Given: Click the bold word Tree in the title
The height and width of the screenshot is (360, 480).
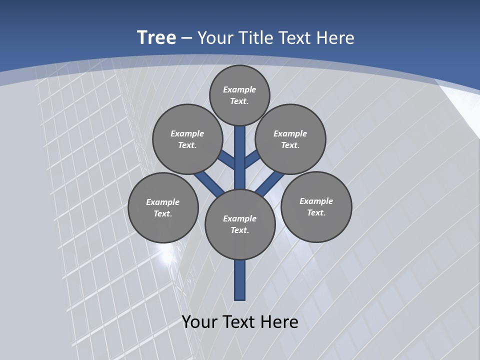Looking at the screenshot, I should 156,38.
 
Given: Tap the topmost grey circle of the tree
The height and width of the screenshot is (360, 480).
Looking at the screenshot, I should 239,95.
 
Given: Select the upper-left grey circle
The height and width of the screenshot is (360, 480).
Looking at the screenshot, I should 187,139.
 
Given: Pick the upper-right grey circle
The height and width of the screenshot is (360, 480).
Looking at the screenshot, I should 290,139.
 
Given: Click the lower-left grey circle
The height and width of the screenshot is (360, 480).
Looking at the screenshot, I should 163,207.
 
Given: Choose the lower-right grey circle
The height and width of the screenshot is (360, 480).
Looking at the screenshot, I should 316,206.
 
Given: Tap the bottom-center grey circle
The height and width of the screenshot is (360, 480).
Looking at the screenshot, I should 240,224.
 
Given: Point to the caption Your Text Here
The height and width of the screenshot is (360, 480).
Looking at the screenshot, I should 240,322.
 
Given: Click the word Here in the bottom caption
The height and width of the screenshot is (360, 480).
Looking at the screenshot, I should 279,322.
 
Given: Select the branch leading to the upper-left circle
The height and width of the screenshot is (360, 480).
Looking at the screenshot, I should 226,160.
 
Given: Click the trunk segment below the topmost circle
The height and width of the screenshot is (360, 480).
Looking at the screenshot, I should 240,150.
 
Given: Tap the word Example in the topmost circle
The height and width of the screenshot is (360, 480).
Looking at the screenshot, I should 239,89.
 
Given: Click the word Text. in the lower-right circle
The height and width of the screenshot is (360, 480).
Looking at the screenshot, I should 316,212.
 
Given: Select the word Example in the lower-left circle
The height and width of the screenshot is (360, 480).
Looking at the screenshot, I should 162,202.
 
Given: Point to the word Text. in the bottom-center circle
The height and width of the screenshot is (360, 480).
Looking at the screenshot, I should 239,230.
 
